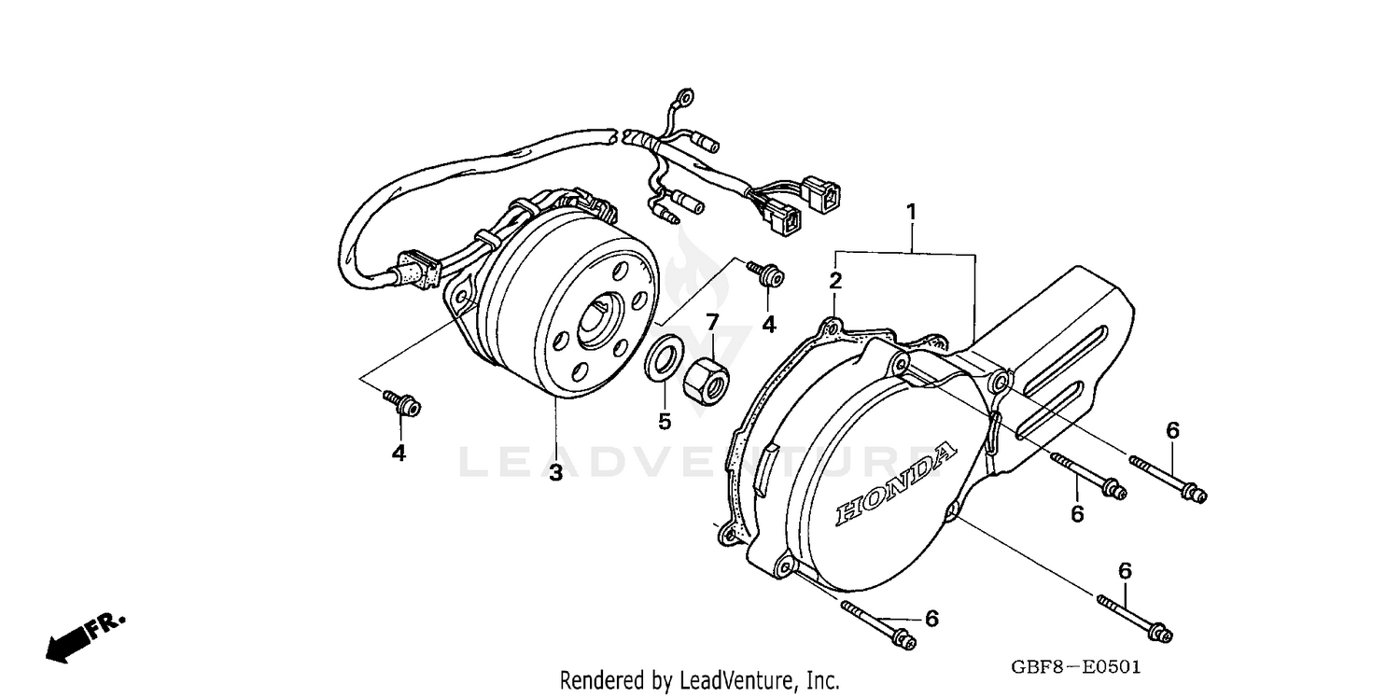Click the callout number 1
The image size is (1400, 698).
[x=911, y=213]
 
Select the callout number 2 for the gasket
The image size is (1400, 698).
[x=836, y=280]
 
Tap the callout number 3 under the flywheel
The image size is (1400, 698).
[x=555, y=472]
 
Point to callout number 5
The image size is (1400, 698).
[x=664, y=422]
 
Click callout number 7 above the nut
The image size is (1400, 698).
[x=712, y=322]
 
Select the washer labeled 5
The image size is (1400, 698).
[x=664, y=362]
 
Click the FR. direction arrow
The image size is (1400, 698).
[x=84, y=636]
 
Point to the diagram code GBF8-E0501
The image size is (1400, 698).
[x=1076, y=668]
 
